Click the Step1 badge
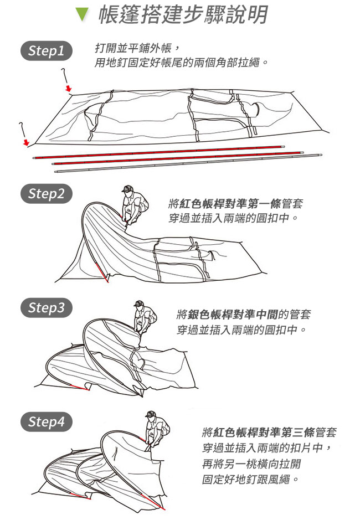(46, 51)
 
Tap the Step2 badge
(46, 194)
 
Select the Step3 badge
(46, 308)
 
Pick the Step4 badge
(46, 422)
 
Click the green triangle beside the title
(82, 14)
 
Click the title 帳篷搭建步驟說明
(183, 15)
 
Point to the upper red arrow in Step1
(68, 88)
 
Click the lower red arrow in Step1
(26, 143)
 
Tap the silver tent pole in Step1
(188, 163)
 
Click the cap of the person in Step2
(127, 189)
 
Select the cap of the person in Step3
(138, 303)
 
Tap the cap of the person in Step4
(150, 414)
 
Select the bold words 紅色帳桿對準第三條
(264, 432)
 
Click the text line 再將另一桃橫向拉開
(251, 464)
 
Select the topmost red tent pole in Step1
(158, 152)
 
